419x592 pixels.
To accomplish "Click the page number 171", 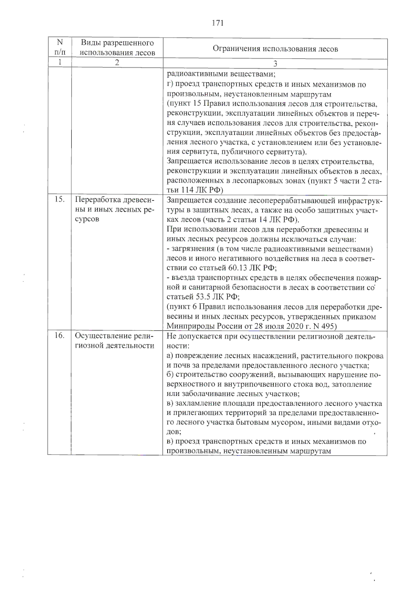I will pyautogui.click(x=218, y=23).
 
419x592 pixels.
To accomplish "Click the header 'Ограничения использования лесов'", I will pyautogui.click(x=275, y=49).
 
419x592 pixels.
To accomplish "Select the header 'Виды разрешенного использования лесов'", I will pyautogui.click(x=117, y=48).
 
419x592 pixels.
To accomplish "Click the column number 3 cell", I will pyautogui.click(x=275, y=64).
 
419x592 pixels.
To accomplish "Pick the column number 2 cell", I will pyautogui.click(x=117, y=63).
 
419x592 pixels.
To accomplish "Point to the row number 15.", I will pyautogui.click(x=59, y=200).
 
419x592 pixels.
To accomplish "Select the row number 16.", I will pyautogui.click(x=59, y=336).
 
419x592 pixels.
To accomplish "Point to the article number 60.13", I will pyautogui.click(x=236, y=268).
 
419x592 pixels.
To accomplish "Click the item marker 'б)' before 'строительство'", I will pyautogui.click(x=170, y=375).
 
